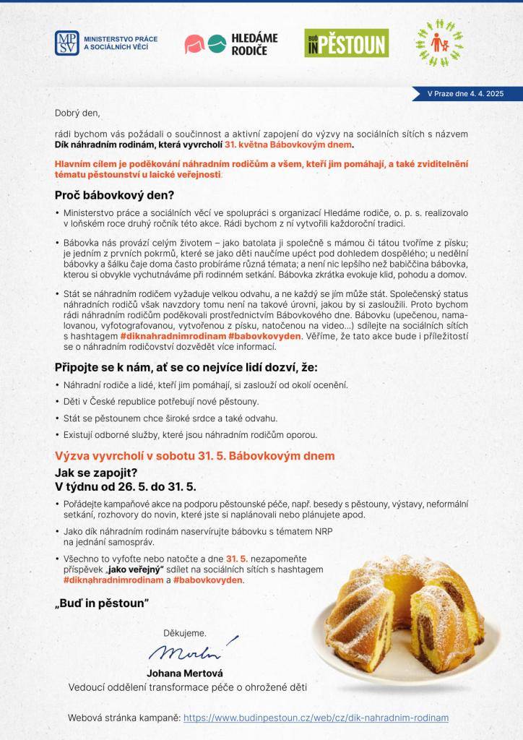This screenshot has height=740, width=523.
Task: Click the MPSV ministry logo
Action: click(x=106, y=43)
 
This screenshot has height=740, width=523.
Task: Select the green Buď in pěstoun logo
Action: click(x=346, y=43)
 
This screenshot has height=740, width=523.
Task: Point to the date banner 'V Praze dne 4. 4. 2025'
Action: click(x=464, y=94)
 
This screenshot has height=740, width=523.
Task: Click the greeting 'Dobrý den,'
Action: click(x=77, y=113)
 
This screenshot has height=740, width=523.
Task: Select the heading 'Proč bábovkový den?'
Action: click(x=114, y=195)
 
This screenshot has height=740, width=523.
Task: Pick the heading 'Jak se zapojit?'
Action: click(x=96, y=473)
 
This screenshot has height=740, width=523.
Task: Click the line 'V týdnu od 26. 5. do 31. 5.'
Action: click(x=126, y=487)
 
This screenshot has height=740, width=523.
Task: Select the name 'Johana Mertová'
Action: click(x=185, y=674)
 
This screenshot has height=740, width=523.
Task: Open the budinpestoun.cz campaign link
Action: click(x=316, y=718)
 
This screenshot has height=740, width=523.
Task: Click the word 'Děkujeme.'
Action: click(x=185, y=632)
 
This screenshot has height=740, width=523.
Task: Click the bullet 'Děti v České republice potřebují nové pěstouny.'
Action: click(x=160, y=401)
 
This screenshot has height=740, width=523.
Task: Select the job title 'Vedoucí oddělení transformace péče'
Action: click(x=186, y=687)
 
